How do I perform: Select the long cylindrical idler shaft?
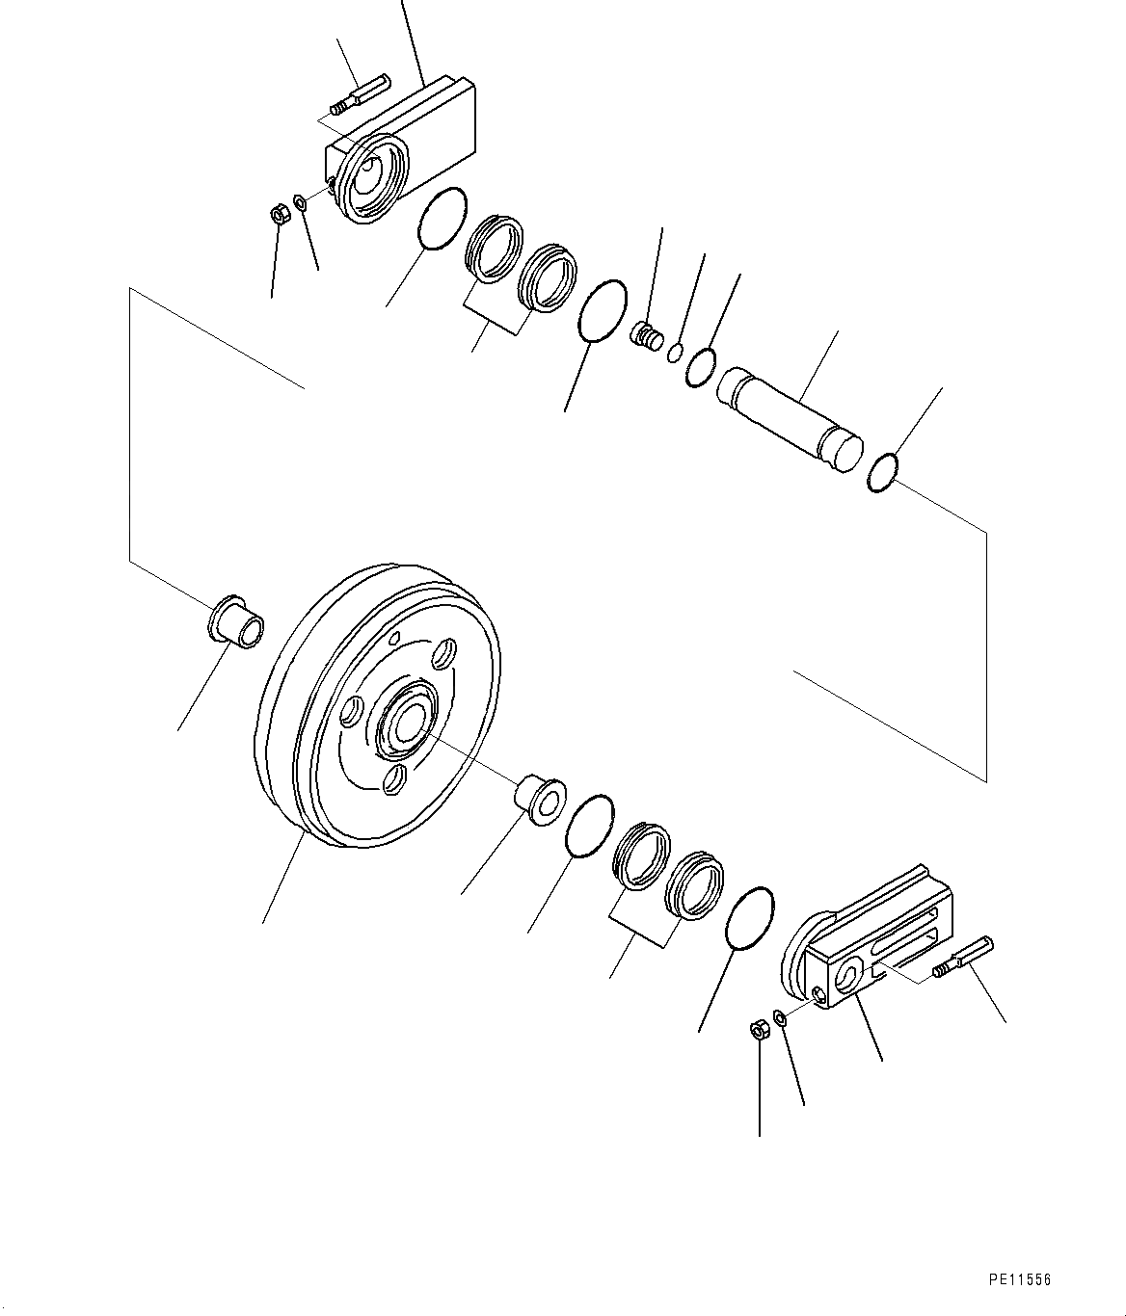790,420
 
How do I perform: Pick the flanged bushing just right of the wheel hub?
541,801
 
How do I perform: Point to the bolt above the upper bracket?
361,94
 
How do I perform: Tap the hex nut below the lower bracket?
759,1029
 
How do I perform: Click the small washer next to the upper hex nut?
299,203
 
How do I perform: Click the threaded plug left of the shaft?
646,336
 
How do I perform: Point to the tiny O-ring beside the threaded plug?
676,352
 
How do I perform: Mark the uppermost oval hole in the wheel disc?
444,652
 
